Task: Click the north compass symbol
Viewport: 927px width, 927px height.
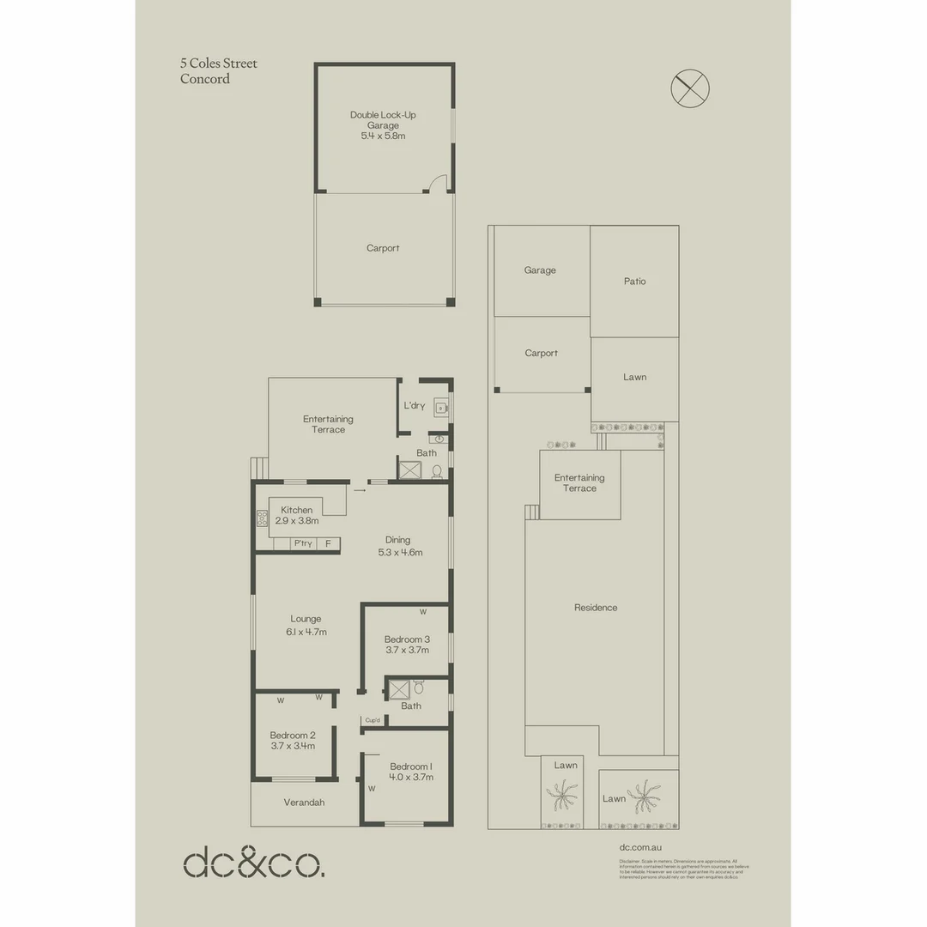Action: (689, 88)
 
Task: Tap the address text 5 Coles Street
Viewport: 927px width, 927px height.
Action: (218, 64)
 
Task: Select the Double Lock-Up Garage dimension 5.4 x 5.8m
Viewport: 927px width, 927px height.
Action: (383, 136)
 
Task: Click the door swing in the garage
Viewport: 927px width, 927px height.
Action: (438, 183)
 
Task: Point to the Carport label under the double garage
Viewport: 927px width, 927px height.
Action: (383, 248)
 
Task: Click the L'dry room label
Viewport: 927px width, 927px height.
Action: (414, 405)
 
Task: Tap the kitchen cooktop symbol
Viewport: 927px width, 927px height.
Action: (262, 518)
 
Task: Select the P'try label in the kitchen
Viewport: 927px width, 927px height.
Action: (302, 543)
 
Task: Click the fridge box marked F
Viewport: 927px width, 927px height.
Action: (328, 543)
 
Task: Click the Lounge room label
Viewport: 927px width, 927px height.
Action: (306, 619)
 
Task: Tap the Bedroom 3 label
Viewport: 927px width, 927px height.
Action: (407, 639)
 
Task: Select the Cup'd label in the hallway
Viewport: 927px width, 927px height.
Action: (373, 720)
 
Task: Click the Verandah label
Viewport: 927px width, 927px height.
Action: (305, 803)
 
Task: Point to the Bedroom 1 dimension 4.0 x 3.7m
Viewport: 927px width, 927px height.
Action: (411, 778)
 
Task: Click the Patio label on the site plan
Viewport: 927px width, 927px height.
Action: (635, 282)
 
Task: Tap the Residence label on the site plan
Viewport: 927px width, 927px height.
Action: (596, 608)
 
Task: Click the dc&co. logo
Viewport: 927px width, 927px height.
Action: (253, 863)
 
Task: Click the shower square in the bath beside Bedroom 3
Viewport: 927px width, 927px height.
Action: (397, 689)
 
